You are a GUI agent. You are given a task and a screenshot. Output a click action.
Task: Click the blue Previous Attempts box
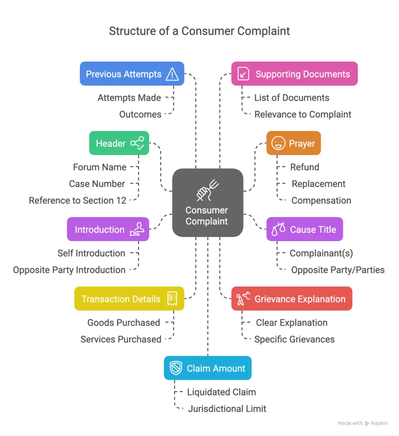[132, 74]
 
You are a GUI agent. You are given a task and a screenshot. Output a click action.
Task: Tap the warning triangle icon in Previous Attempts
[172, 75]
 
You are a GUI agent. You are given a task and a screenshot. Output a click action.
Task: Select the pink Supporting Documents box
[294, 74]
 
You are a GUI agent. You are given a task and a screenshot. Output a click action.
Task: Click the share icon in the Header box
[137, 143]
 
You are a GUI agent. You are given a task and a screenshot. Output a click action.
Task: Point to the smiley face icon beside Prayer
[278, 143]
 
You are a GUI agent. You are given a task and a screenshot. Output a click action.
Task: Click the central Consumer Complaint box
[207, 203]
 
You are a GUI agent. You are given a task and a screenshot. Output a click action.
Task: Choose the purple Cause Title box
[304, 229]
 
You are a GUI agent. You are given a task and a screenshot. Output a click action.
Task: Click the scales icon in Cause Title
[279, 230]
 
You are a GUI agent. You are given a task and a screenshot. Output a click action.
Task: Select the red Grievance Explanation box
[291, 299]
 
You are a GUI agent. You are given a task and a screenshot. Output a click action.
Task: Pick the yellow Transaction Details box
[129, 299]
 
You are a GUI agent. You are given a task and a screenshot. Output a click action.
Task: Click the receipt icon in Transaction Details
[172, 299]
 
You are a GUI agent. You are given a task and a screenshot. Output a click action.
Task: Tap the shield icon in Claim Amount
[175, 368]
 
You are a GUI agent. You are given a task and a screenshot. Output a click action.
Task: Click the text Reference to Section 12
[78, 201]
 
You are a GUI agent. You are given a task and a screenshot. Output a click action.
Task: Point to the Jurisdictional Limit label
[227, 409]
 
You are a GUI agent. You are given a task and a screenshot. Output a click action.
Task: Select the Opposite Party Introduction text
[69, 270]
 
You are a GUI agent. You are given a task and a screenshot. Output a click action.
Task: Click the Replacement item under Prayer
[318, 184]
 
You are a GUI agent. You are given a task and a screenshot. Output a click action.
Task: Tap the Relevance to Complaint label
[303, 115]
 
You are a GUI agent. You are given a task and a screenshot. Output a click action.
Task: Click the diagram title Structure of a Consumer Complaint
[199, 31]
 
